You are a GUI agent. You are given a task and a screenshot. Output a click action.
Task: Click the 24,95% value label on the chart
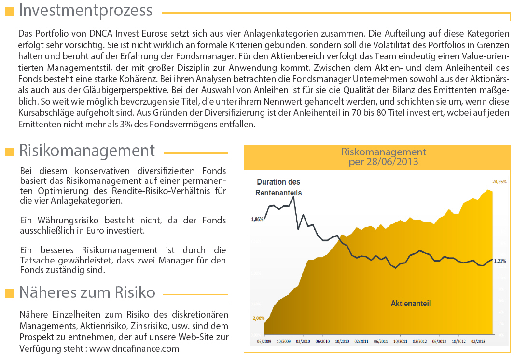[x=499, y=182]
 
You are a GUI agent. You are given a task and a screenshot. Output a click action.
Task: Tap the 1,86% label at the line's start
[x=257, y=219]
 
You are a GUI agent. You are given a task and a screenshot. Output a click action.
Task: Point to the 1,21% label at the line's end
[x=500, y=261]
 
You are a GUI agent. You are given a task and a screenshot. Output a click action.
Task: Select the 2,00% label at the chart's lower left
[x=258, y=318]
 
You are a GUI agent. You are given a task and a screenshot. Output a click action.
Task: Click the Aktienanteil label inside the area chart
[x=410, y=304]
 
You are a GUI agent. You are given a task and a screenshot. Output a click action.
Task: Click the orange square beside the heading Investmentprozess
[x=9, y=12]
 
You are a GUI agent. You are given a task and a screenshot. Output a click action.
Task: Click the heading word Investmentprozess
[x=86, y=11]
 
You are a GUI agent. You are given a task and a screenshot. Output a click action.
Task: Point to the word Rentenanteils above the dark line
[x=278, y=193]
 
